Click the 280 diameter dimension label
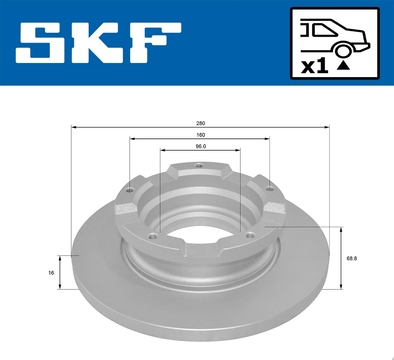(x=200, y=123)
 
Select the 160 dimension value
(x=200, y=135)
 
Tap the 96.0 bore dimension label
(x=200, y=146)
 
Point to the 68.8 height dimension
(x=351, y=259)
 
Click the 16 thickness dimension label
(x=51, y=273)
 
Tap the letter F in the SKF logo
(x=154, y=43)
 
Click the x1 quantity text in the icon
(x=315, y=66)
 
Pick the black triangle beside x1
(x=343, y=66)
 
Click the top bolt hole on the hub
(x=198, y=165)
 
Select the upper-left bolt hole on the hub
(x=130, y=190)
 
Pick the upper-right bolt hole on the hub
(x=269, y=189)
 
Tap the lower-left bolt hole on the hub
(x=152, y=236)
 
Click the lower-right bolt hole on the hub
(x=250, y=235)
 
